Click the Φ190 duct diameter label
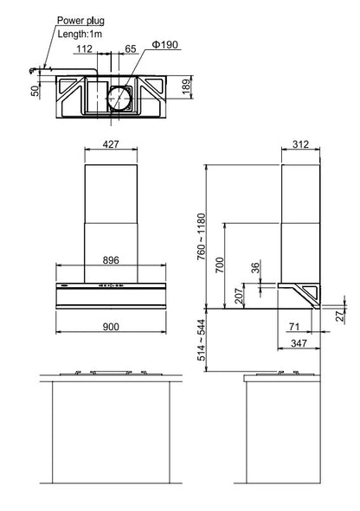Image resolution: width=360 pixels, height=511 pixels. coord(165,44)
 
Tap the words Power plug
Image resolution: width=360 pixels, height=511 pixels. coord(80,21)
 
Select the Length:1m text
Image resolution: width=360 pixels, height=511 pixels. coord(80,34)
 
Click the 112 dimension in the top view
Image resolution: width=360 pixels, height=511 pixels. coord(85,49)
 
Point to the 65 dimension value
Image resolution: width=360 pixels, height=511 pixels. coord(131,49)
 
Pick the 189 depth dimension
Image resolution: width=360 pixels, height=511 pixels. coord(185,86)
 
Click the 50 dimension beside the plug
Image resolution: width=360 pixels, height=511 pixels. coord(35,91)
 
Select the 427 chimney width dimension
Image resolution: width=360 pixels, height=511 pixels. coord(111,144)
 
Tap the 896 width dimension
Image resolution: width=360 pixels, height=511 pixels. coord(111,260)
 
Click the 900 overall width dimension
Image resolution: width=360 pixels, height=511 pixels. coord(111,327)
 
